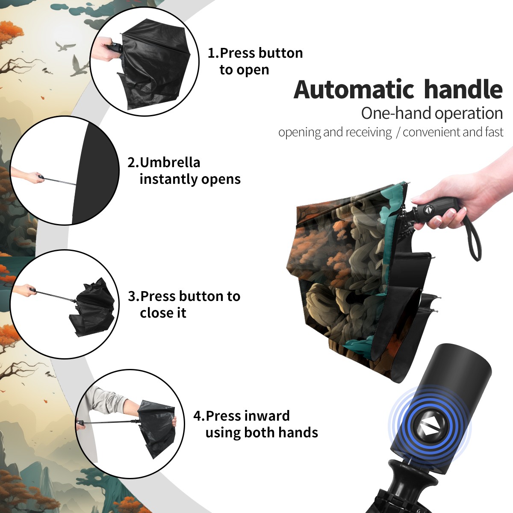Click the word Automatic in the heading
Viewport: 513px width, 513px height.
(x=354, y=89)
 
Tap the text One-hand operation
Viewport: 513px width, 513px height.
(x=432, y=113)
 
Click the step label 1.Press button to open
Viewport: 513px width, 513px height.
(x=255, y=61)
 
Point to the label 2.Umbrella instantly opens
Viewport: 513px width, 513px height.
(x=184, y=171)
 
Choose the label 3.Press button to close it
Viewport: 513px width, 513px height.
(x=184, y=304)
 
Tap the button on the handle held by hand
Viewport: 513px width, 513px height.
(x=429, y=210)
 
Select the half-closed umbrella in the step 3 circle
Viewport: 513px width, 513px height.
(x=92, y=307)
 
